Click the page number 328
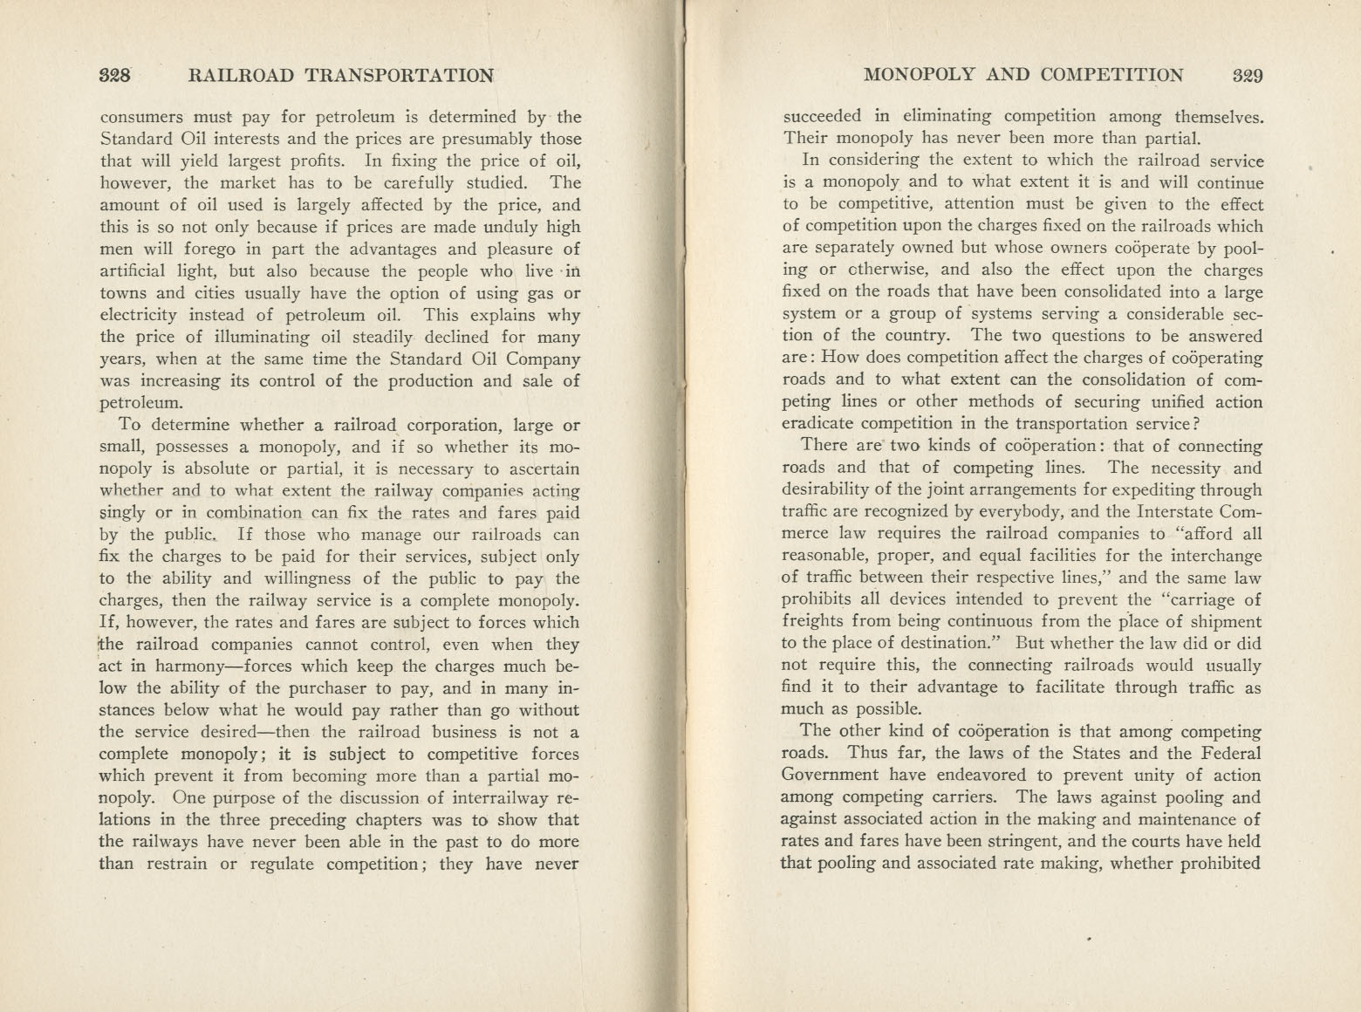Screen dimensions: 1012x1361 coord(115,75)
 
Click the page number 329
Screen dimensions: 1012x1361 coord(1248,75)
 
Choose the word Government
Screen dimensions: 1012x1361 coord(830,776)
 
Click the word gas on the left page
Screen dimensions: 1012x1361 coord(541,293)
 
